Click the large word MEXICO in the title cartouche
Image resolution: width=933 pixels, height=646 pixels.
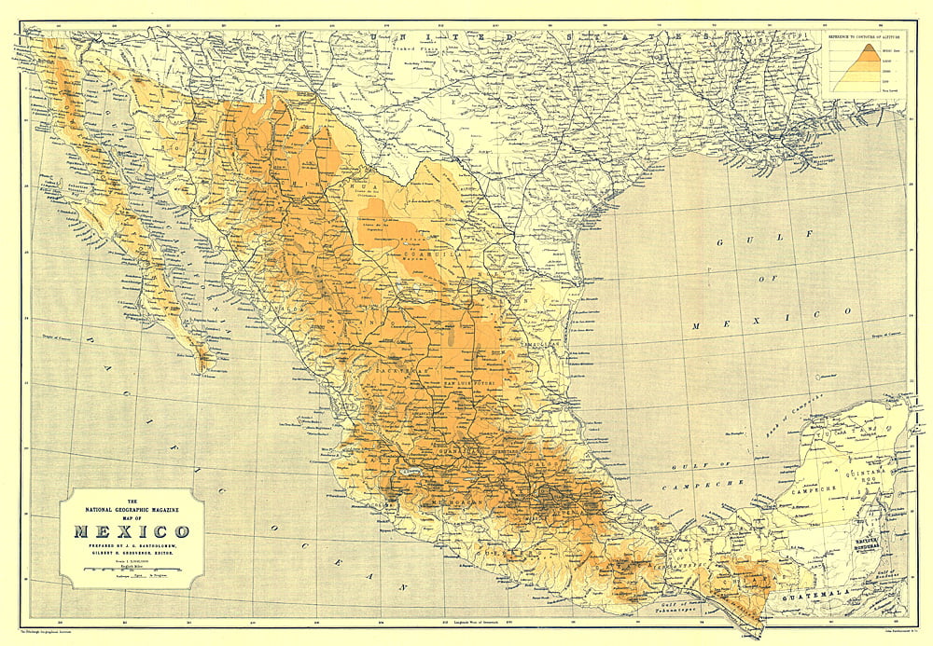(x=131, y=532)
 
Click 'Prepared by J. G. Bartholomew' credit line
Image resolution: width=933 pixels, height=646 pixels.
(x=131, y=546)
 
